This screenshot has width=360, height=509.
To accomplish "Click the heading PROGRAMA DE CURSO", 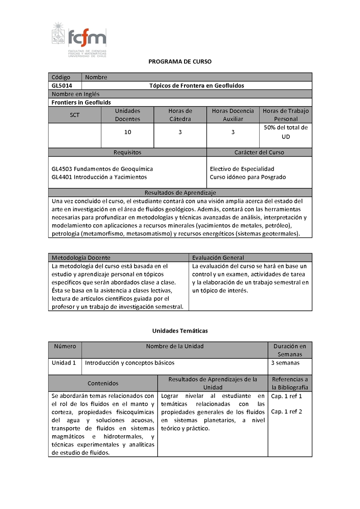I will (180, 61).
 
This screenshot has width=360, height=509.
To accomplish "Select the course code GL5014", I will (61, 85).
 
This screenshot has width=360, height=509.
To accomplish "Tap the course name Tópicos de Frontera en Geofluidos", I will (196, 85).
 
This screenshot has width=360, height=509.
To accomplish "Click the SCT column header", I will (75, 115).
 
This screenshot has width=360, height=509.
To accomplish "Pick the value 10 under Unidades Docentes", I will (128, 132).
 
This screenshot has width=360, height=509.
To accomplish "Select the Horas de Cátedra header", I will (180, 115).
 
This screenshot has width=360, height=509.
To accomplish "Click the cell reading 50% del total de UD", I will (286, 132).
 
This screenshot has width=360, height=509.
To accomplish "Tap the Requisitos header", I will (127, 152).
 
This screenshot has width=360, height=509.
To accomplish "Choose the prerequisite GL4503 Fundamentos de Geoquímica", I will (102, 169).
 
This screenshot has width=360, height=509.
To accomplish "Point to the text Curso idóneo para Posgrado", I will (247, 177).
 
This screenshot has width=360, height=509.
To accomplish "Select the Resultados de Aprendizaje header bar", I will (180, 192).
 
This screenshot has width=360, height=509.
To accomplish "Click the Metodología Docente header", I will (81, 258).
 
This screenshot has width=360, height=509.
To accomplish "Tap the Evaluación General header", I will (218, 258).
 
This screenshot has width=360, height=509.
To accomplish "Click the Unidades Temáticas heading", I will (180, 330).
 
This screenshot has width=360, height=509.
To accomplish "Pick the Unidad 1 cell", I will (63, 362).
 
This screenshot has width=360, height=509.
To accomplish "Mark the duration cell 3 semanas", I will (285, 362).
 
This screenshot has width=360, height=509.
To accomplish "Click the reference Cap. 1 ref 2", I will (286, 411).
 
